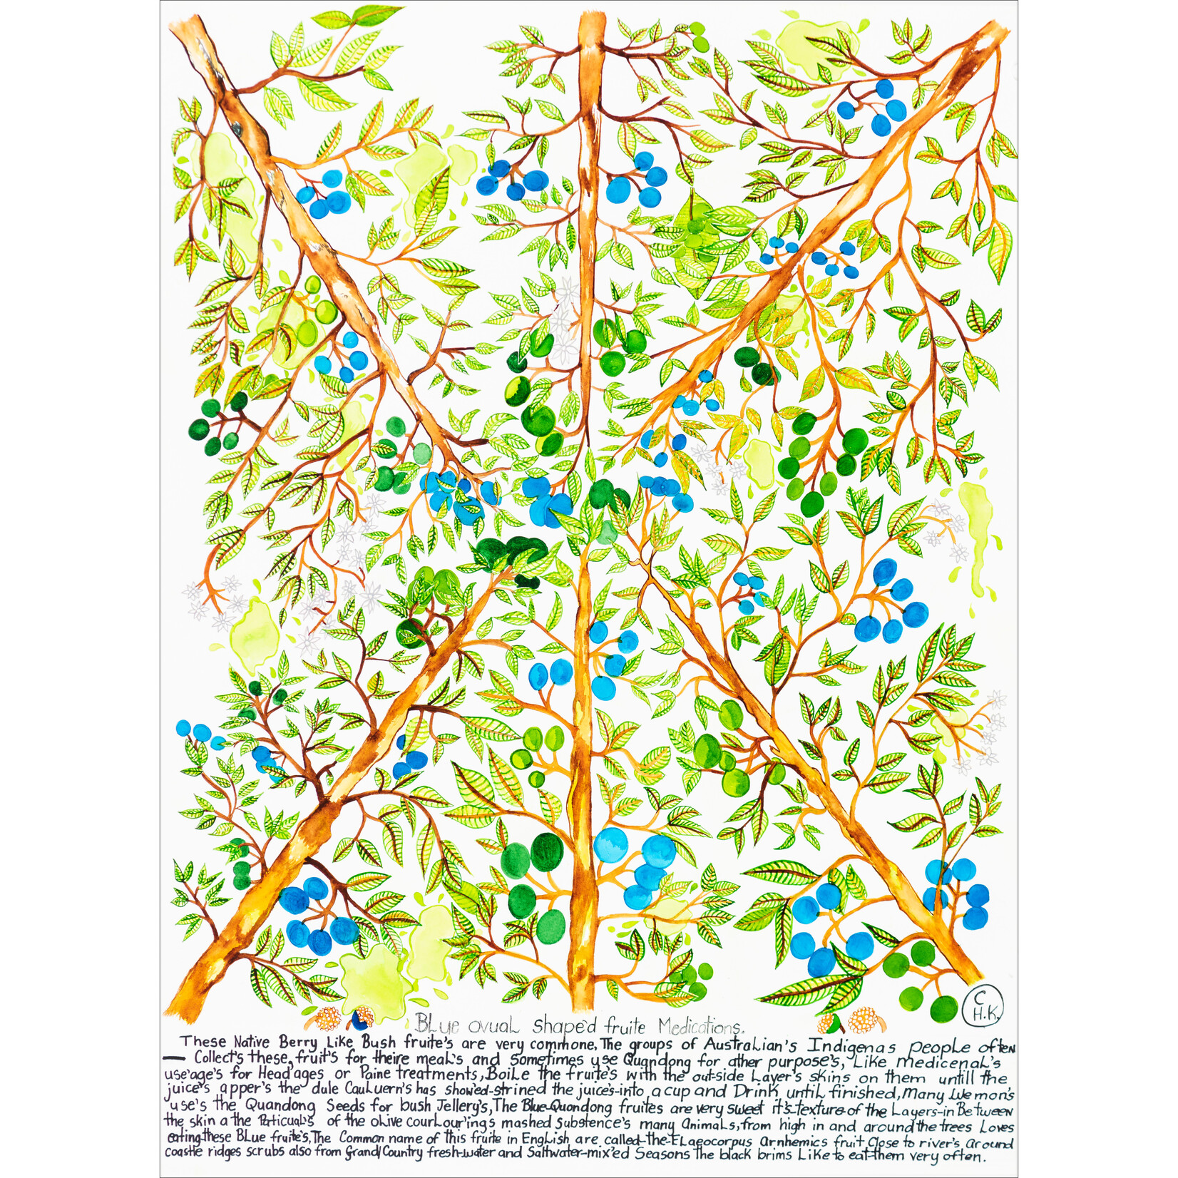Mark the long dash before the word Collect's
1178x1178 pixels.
coord(175,1058)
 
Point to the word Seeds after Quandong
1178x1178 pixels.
coord(352,1107)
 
